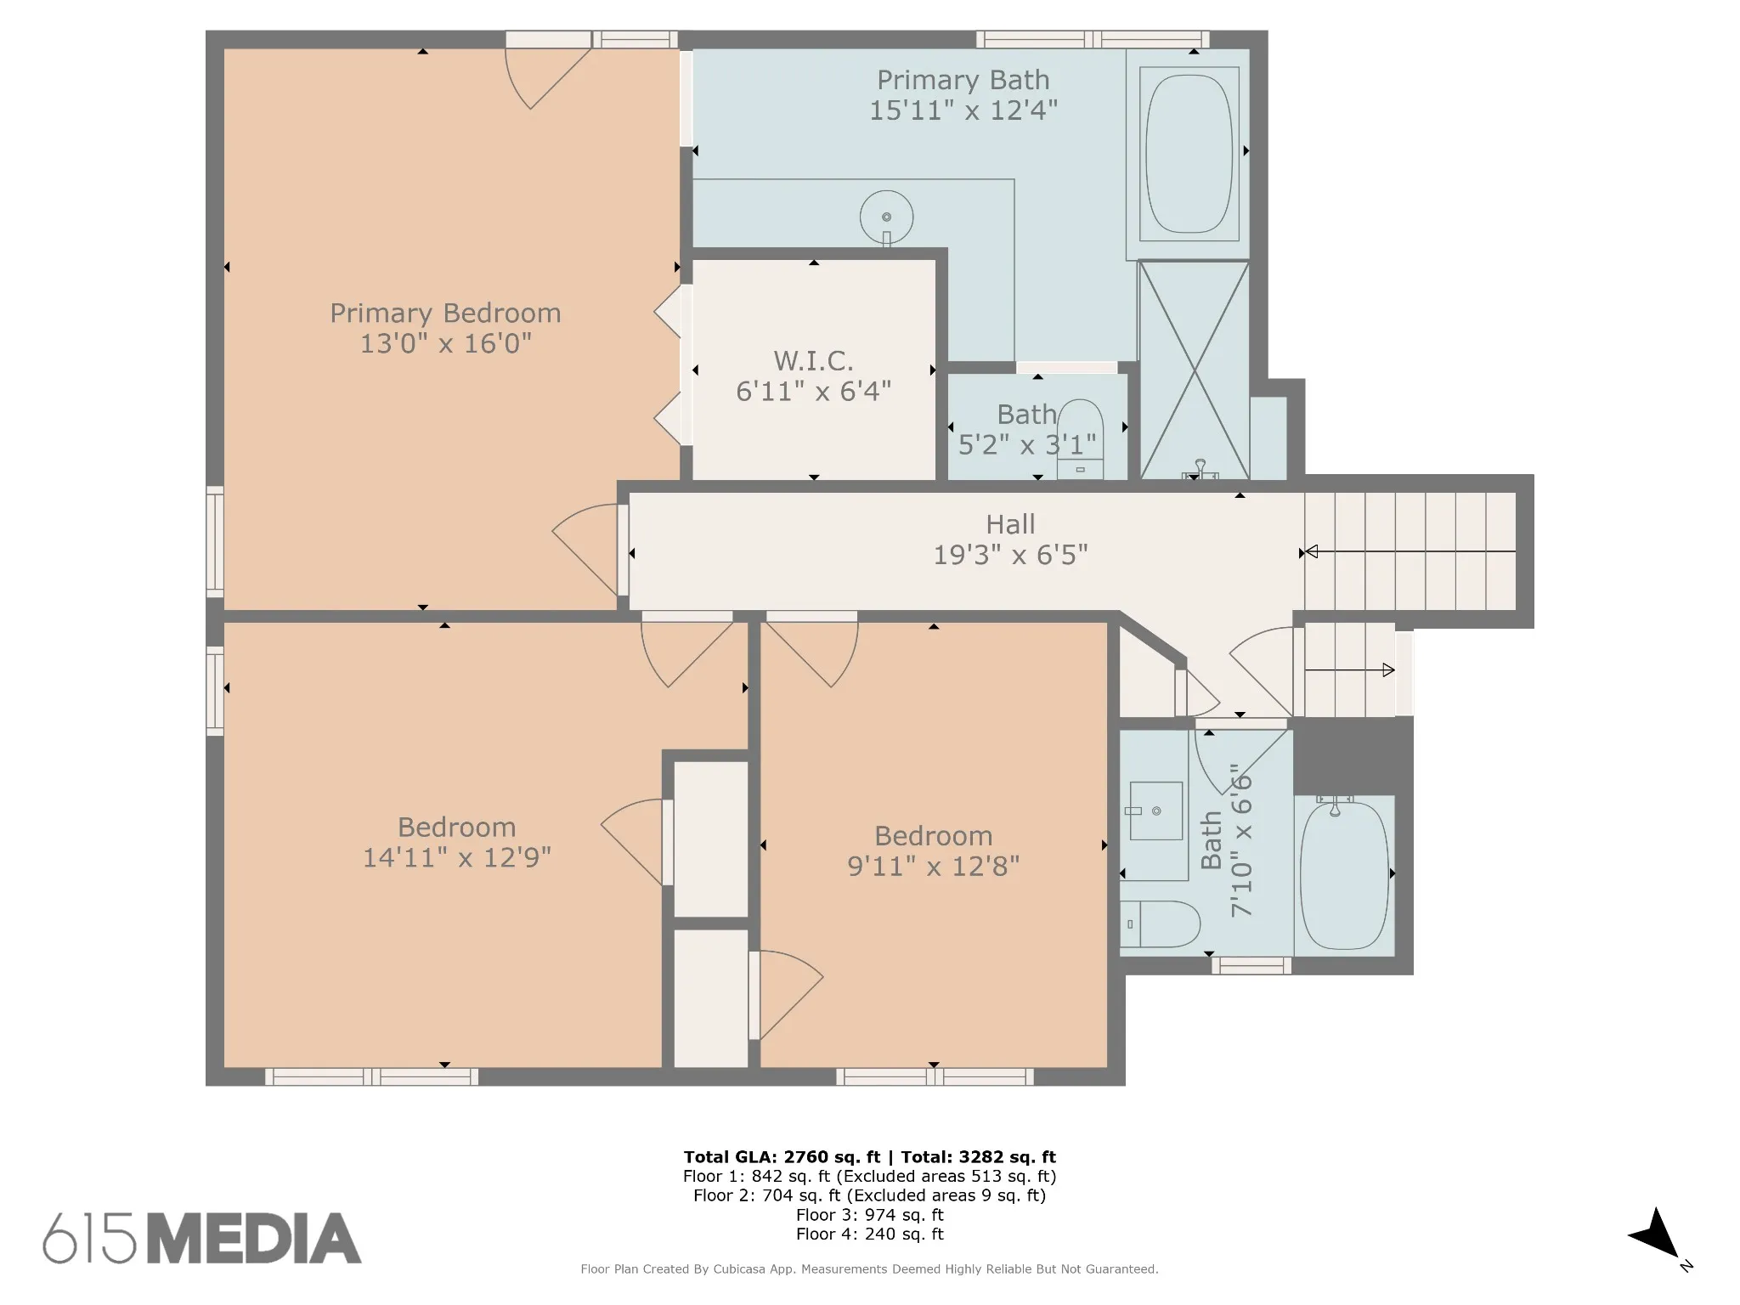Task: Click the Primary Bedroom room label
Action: pyautogui.click(x=445, y=313)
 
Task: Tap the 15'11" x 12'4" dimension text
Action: pyautogui.click(x=963, y=110)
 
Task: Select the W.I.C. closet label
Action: pyautogui.click(x=813, y=360)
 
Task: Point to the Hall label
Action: pyautogui.click(x=1010, y=524)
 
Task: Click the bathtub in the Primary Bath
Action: pyautogui.click(x=1188, y=154)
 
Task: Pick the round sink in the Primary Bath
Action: pyautogui.click(x=886, y=218)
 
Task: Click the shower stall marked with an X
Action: pyautogui.click(x=1194, y=370)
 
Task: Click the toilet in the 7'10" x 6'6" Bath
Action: pyautogui.click(x=1159, y=924)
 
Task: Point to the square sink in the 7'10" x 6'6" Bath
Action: pyautogui.click(x=1155, y=811)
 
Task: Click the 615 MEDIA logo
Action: pyautogui.click(x=202, y=1238)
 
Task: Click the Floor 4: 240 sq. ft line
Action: pyautogui.click(x=869, y=1234)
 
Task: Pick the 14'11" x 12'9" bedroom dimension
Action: pyautogui.click(x=457, y=857)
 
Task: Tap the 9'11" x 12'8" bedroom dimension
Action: pyautogui.click(x=933, y=866)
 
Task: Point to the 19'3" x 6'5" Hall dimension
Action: pyautogui.click(x=1010, y=555)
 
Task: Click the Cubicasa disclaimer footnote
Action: pyautogui.click(x=869, y=1268)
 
